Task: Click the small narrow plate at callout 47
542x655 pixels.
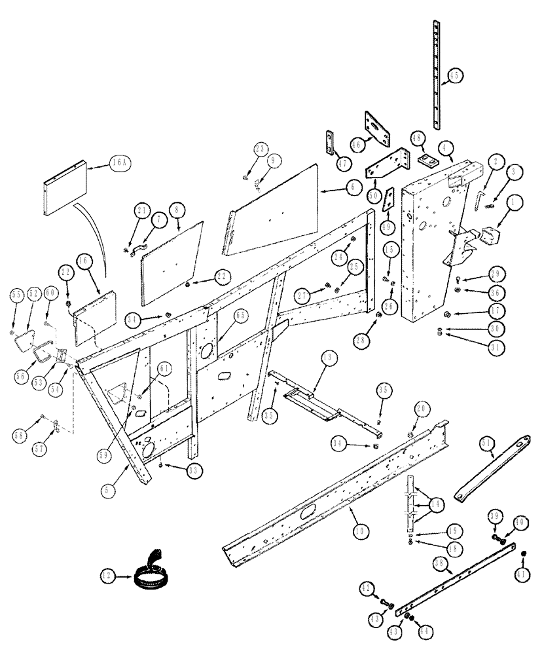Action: pyautogui.click(x=329, y=143)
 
